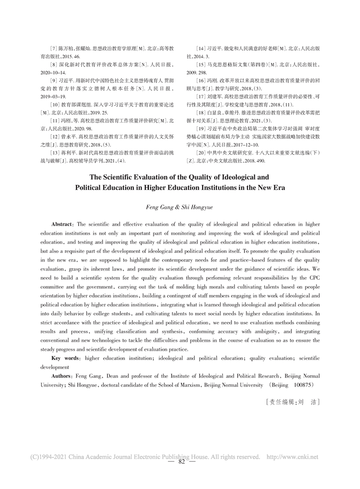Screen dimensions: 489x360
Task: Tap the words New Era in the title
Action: tap(270, 187)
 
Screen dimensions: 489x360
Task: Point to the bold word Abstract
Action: tap(63, 224)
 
